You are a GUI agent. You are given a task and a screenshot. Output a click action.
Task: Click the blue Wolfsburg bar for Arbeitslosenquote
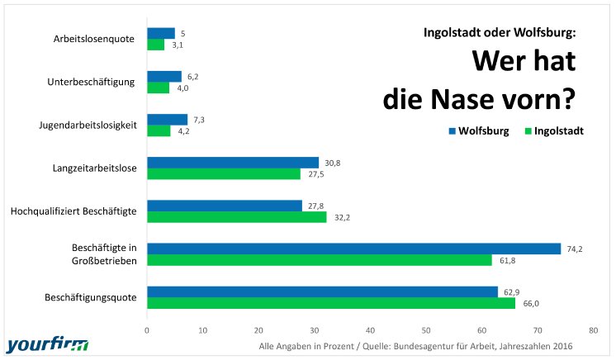161,33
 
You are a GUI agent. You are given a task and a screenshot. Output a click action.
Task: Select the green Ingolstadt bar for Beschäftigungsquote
330,303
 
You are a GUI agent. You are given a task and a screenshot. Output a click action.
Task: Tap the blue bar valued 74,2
353,249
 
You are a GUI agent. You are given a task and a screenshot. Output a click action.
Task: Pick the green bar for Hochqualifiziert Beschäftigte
236,217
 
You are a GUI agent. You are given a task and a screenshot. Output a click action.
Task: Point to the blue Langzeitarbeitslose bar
232,163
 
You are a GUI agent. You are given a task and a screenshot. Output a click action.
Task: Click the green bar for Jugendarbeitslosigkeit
159,130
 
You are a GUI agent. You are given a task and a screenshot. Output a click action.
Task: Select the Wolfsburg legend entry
479,131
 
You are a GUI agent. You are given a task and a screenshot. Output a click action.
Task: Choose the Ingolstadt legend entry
554,131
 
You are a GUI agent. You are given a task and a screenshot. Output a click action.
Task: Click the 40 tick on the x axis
370,329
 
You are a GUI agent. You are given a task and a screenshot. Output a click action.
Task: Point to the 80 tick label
593,329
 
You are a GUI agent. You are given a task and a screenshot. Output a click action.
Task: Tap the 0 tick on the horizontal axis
147,329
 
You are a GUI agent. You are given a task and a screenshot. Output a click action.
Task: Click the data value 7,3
198,120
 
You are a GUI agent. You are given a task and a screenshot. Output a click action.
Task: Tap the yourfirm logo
46,343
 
